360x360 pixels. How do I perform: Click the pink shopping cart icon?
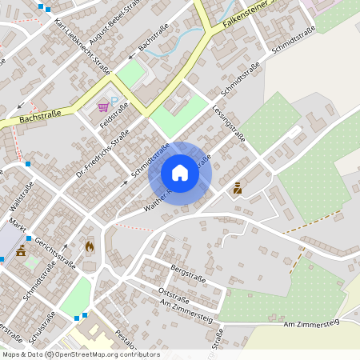[103, 106]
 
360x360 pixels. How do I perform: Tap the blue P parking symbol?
[114, 101]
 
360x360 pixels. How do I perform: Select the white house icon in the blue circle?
[180, 172]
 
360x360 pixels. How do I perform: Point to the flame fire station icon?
[88, 247]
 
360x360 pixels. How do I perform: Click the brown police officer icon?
[237, 190]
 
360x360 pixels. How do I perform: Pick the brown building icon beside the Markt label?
[21, 252]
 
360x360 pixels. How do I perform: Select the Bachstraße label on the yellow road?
[40, 118]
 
